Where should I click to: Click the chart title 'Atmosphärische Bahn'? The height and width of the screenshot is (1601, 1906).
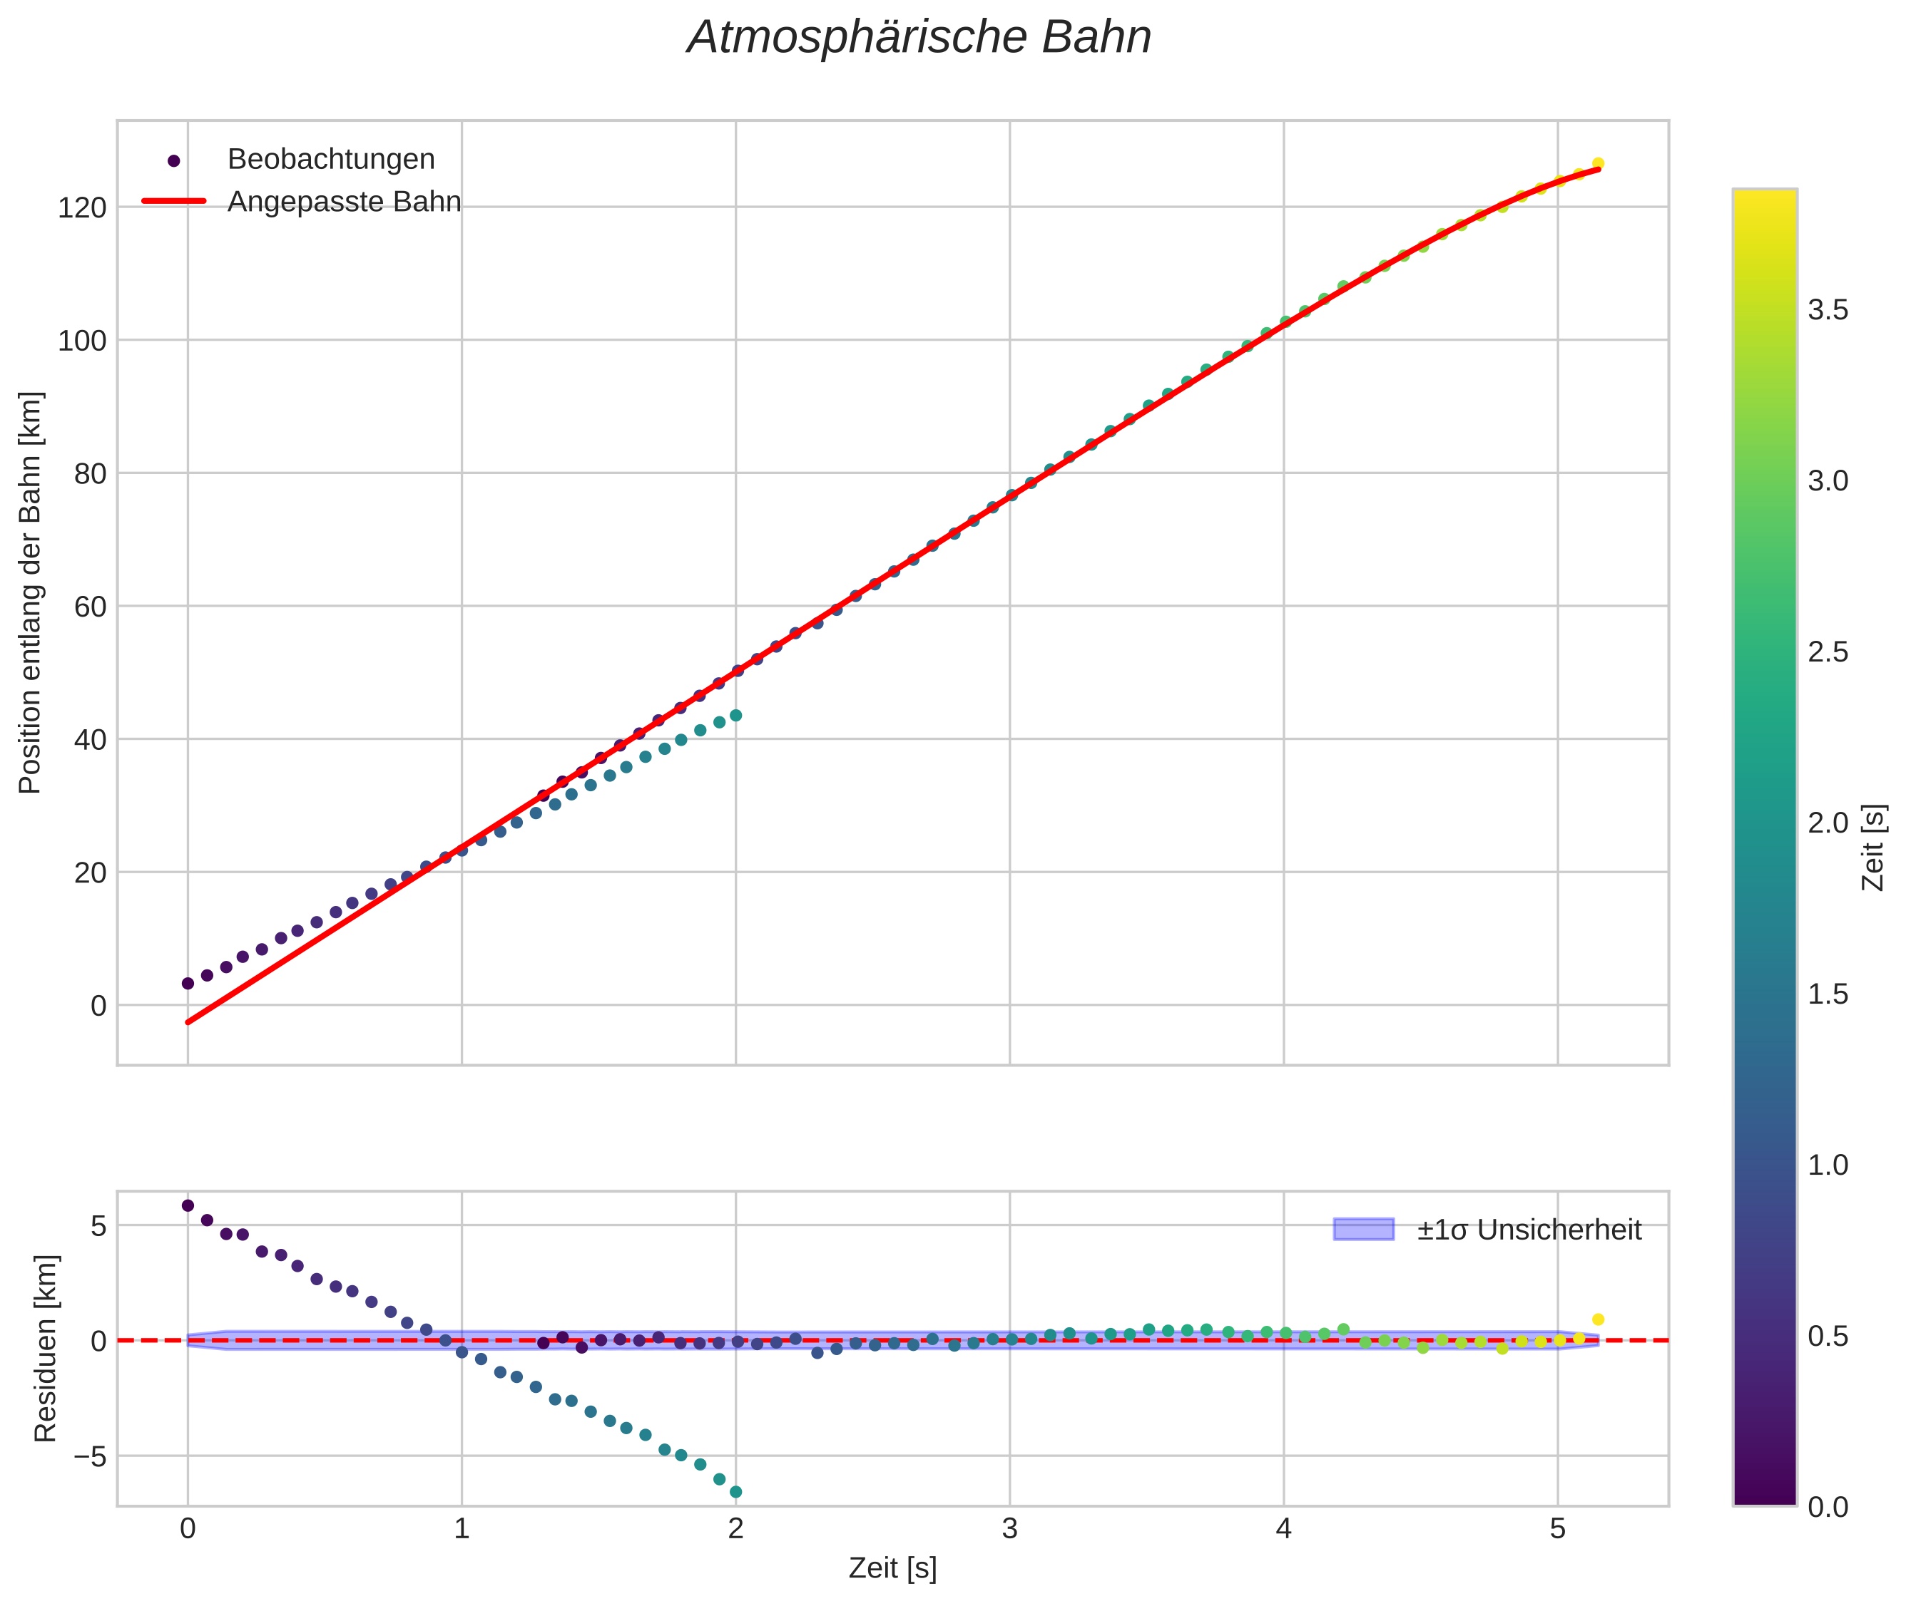[x=919, y=38]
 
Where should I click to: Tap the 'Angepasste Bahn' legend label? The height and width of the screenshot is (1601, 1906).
[x=343, y=202]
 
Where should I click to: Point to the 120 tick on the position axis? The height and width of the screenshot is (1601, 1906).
[x=82, y=208]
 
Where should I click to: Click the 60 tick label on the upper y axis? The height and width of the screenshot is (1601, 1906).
[x=90, y=607]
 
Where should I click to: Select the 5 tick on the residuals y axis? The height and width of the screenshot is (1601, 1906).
[x=98, y=1226]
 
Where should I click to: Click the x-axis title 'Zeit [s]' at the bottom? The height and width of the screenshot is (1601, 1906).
[x=892, y=1568]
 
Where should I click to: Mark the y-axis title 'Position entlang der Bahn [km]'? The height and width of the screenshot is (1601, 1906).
[x=30, y=592]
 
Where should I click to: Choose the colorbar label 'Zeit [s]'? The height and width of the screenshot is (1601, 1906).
[x=1872, y=847]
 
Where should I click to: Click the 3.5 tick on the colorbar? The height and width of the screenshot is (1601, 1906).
[x=1827, y=310]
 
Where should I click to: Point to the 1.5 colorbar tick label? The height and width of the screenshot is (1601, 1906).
[x=1827, y=994]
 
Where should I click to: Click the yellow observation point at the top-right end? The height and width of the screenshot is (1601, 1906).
[x=1597, y=163]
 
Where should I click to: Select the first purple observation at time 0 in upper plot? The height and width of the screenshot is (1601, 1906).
[x=188, y=983]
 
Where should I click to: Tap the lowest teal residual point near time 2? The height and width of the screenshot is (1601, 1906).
[x=735, y=1492]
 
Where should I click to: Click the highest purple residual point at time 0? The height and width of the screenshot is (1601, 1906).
[x=188, y=1205]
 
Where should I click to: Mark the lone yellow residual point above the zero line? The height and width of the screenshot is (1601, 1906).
[x=1597, y=1319]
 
